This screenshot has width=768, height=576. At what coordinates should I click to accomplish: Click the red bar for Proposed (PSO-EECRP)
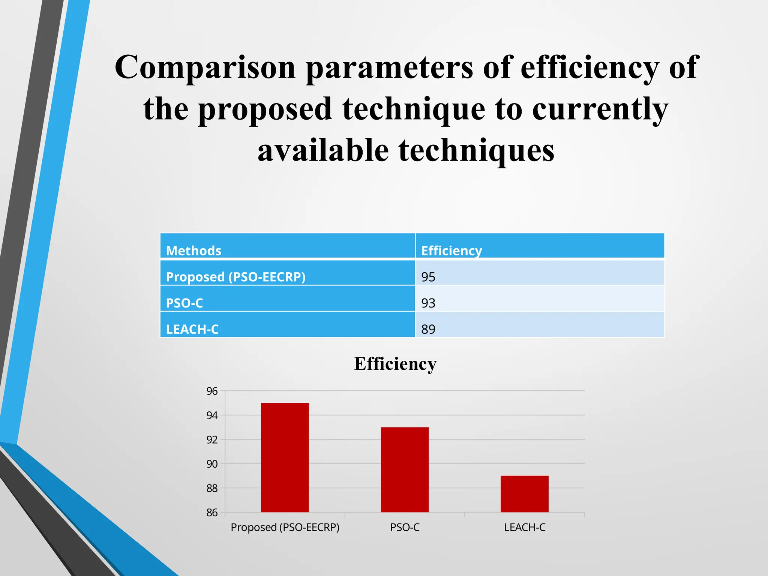point(285,457)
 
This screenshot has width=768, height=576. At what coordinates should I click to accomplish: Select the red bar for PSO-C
point(405,469)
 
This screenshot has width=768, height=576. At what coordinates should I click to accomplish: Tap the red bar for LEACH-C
point(524,494)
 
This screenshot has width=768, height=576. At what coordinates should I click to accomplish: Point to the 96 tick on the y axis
point(212,391)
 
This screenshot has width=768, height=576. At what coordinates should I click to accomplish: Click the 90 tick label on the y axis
point(212,464)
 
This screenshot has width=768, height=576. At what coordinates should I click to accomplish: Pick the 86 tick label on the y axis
point(212,513)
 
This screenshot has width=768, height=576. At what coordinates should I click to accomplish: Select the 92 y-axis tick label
point(212,439)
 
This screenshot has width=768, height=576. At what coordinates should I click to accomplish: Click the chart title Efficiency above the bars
point(395,364)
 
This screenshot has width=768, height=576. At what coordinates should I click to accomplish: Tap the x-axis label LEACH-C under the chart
point(524,527)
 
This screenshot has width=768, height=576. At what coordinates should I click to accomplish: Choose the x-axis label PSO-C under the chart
point(405,527)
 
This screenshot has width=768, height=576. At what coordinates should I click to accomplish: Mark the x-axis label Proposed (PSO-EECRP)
point(285,527)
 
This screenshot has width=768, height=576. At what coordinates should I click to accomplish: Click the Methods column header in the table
point(193,250)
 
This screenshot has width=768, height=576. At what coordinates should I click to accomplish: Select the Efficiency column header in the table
point(451,250)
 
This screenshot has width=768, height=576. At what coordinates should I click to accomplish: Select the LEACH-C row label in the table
point(192,329)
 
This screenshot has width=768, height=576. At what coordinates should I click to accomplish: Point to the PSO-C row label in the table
point(184,303)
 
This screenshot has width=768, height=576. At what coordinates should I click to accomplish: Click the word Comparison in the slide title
point(205,67)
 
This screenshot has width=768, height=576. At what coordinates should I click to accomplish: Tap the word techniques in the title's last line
point(476,151)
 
